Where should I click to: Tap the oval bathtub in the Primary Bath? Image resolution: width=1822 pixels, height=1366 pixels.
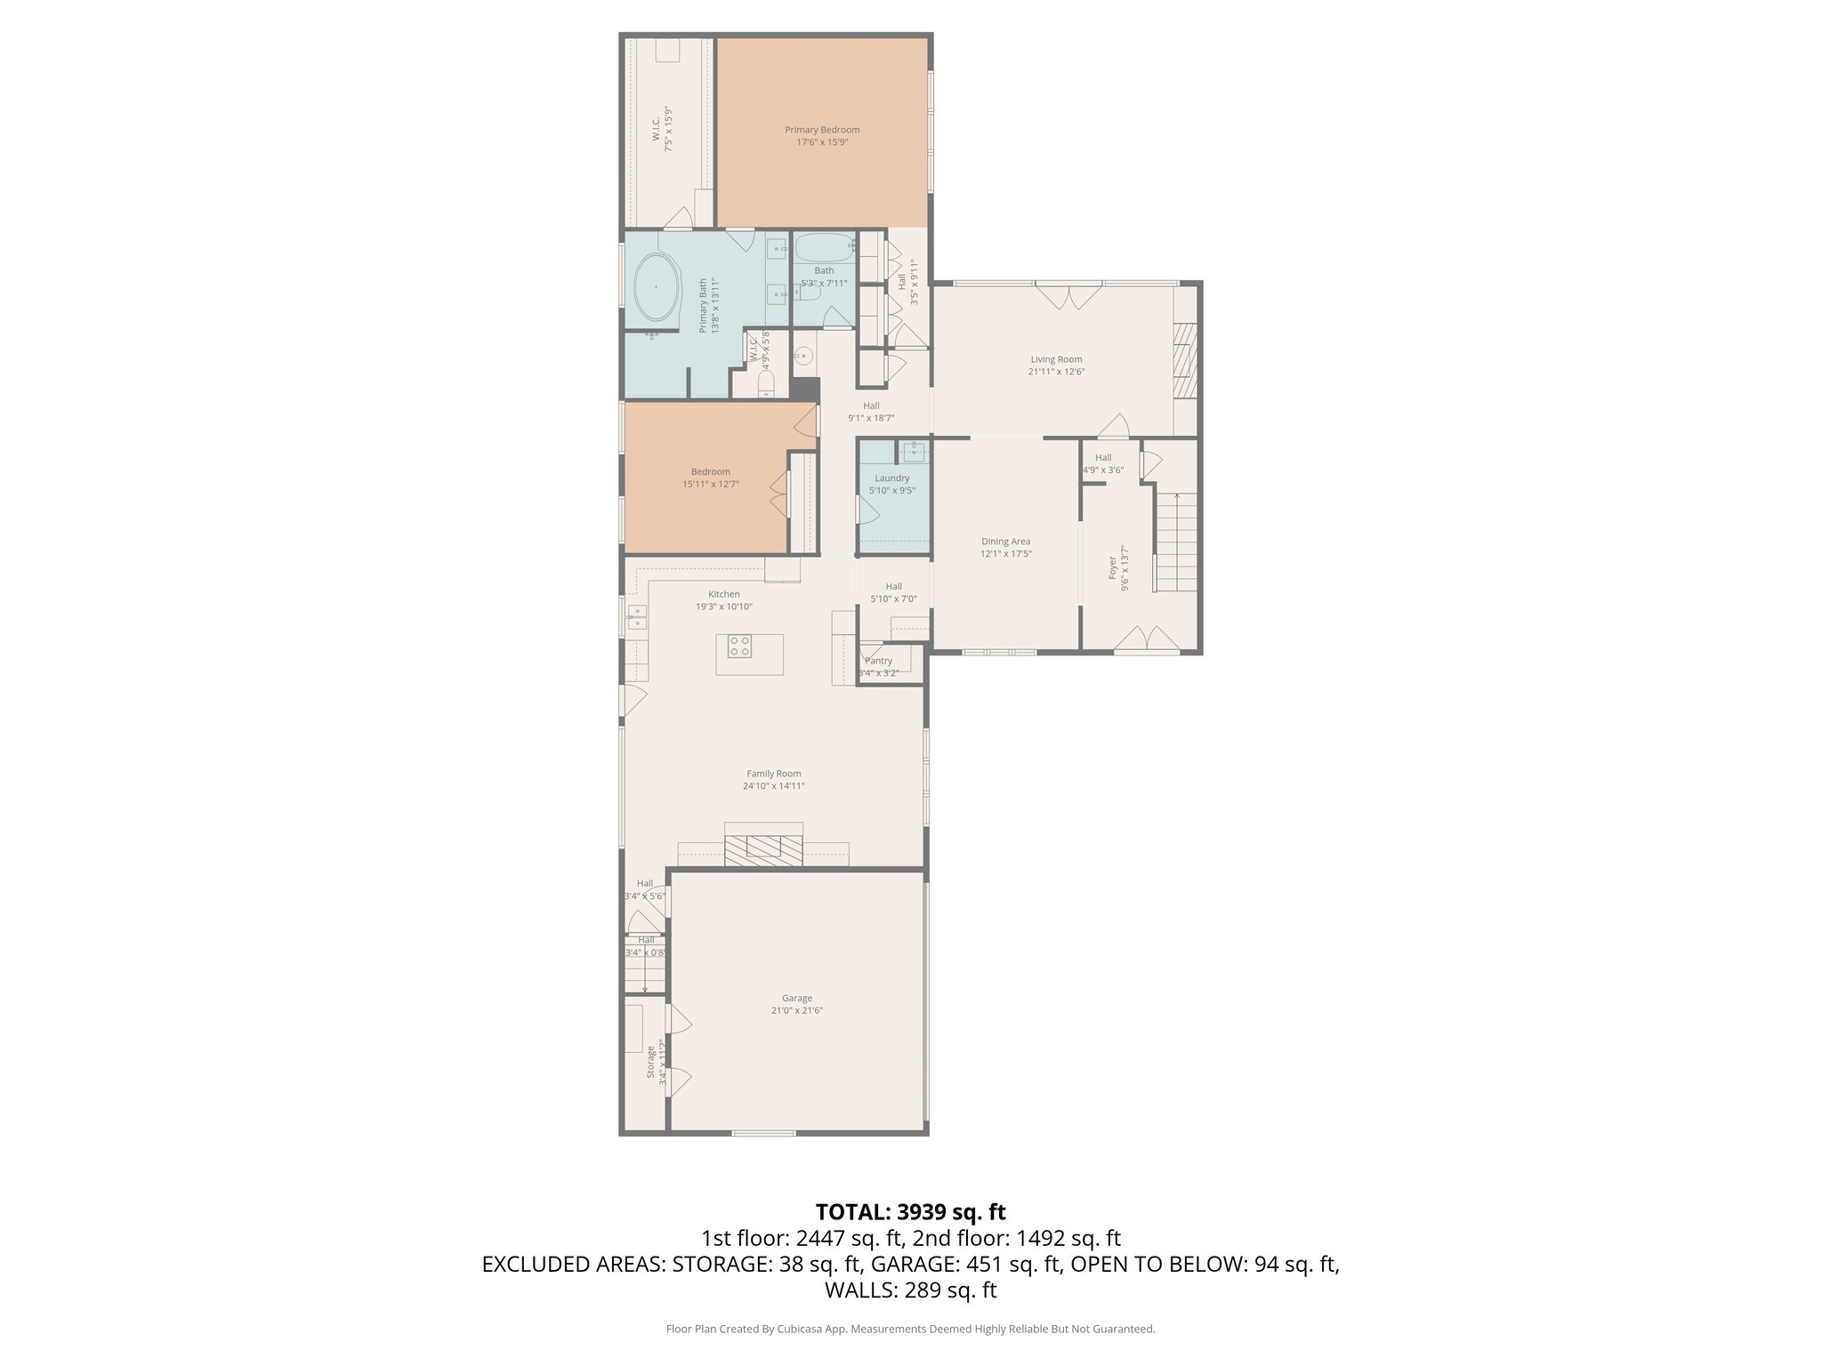tap(656, 288)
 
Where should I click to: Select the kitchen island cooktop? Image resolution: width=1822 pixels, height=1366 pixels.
tap(739, 647)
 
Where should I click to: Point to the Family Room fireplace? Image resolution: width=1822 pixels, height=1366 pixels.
tap(763, 847)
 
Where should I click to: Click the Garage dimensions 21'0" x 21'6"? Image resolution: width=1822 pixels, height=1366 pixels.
tap(796, 1010)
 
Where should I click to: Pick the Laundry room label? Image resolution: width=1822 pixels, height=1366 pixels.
tap(891, 478)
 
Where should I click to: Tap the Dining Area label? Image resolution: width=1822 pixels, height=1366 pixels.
tap(1005, 542)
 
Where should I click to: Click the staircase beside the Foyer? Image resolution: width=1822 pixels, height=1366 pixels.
tap(1177, 542)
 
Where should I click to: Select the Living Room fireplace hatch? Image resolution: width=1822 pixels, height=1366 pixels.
tap(1185, 361)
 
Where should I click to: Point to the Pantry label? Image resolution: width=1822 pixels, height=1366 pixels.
tap(878, 661)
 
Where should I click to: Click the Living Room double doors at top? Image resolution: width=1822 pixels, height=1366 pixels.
tap(1069, 296)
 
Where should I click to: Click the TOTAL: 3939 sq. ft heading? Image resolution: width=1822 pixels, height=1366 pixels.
tap(910, 1211)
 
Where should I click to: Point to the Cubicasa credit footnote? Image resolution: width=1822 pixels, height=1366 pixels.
tap(910, 1329)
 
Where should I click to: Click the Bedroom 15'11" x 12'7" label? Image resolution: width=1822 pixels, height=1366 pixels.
tap(710, 478)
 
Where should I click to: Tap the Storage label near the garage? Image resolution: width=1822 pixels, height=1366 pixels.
tap(650, 1062)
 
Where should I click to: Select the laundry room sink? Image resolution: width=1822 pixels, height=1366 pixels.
tap(914, 452)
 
